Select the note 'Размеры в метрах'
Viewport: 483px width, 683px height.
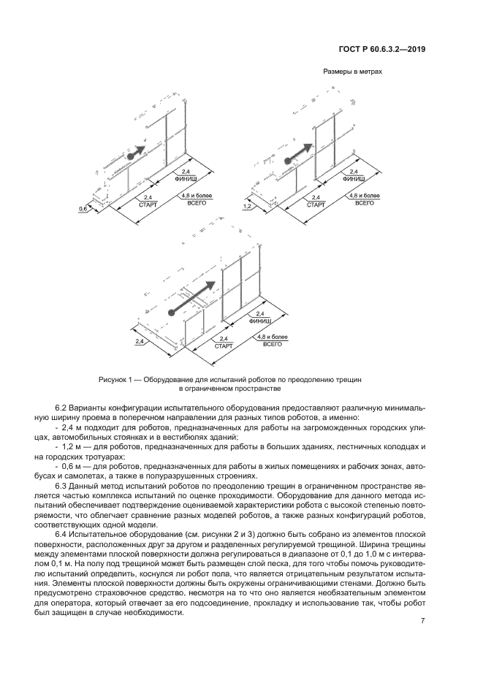click(352, 72)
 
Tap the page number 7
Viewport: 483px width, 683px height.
click(423, 621)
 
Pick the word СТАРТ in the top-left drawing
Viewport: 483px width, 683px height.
click(148, 205)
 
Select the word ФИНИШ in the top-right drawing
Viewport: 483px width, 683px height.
click(353, 178)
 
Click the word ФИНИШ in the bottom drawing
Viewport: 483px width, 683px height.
click(261, 321)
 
